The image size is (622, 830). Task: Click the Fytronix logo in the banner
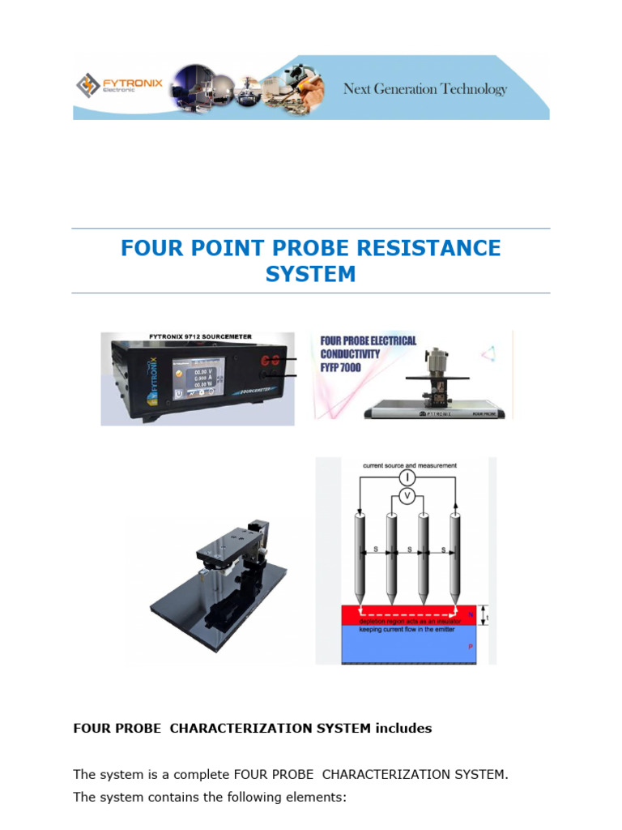pyautogui.click(x=107, y=85)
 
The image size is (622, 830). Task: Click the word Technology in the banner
pyautogui.click(x=473, y=88)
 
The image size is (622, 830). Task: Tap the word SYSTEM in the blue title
pyautogui.click(x=310, y=274)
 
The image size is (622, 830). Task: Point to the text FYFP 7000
pyautogui.click(x=342, y=367)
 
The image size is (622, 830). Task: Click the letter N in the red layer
pyautogui.click(x=471, y=614)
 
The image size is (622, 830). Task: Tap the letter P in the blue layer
pyautogui.click(x=471, y=648)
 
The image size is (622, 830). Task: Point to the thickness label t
pyautogui.click(x=488, y=618)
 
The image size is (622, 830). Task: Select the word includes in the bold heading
pyautogui.click(x=403, y=728)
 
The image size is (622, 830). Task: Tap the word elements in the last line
pyautogui.click(x=317, y=798)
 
